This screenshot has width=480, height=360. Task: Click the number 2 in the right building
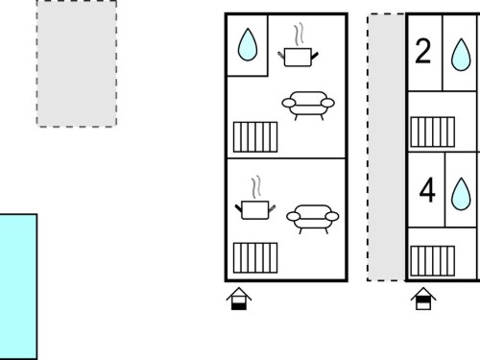[x=422, y=51]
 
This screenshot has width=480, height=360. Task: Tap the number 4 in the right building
[x=427, y=190]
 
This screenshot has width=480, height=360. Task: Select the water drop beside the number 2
[x=461, y=55]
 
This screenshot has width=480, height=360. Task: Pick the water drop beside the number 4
[x=461, y=194]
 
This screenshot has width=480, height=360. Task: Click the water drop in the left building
[x=248, y=45]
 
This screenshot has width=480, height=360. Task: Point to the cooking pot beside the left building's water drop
[x=298, y=57]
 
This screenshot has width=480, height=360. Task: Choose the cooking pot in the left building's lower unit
[x=255, y=210]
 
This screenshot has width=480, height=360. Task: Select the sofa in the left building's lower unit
[x=313, y=219]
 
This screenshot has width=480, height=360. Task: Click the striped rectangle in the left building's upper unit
[x=255, y=137]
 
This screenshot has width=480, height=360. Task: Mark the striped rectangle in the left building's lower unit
[x=255, y=258]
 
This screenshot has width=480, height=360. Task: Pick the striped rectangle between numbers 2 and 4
[x=433, y=132]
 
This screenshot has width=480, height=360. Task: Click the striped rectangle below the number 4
[x=433, y=261]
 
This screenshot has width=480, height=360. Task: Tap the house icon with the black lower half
[x=239, y=299]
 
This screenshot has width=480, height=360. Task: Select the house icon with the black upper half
[x=423, y=299]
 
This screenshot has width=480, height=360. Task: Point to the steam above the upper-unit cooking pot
[x=299, y=34]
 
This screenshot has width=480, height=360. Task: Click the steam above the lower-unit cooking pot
[x=256, y=187]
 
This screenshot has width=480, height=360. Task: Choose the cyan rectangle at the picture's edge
[x=18, y=287]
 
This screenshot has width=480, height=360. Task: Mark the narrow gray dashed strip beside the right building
[x=386, y=147]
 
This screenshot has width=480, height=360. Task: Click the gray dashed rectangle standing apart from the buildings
[x=77, y=63]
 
